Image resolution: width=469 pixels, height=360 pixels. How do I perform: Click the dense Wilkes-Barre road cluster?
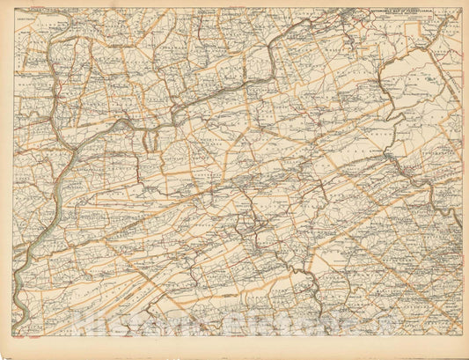coord(352,18)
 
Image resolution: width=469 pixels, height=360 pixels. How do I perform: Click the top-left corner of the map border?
coord(15,9)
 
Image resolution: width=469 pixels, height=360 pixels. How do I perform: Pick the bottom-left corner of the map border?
coord(15,336)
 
